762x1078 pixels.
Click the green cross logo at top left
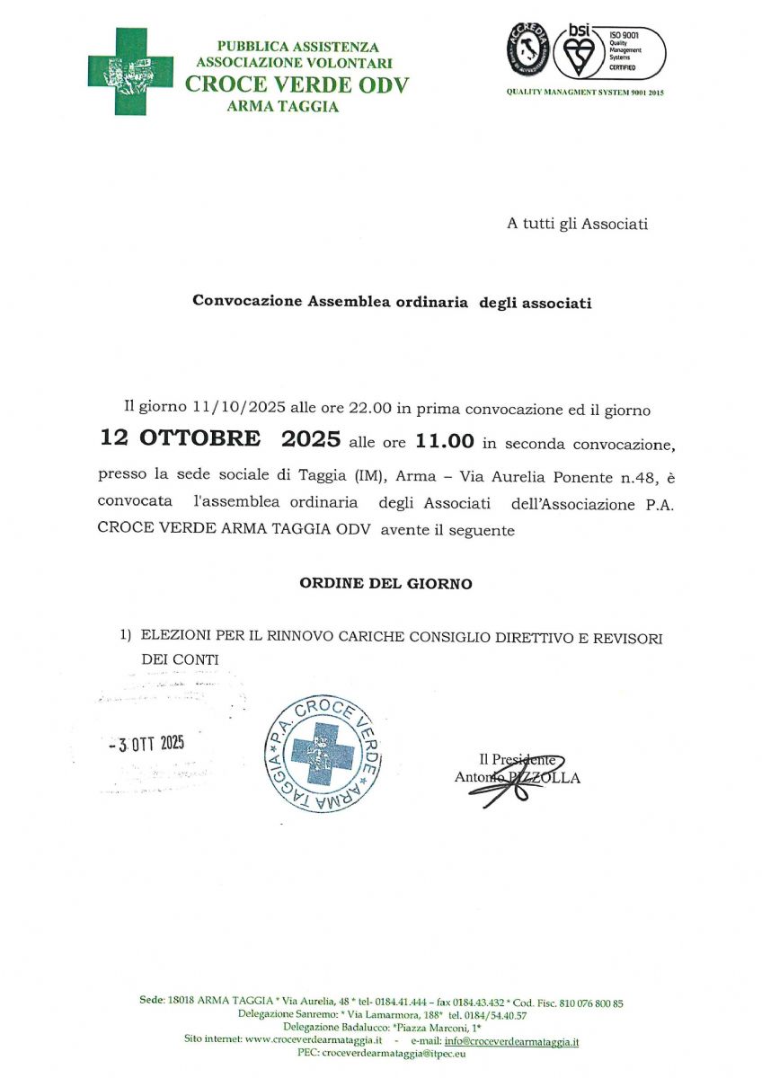click(130, 71)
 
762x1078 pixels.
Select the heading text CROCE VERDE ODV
click(297, 85)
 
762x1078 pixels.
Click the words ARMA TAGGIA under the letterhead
click(283, 107)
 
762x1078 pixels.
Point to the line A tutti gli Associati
click(578, 225)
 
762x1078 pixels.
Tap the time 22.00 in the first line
click(368, 409)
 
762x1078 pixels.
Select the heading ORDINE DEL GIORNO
click(385, 584)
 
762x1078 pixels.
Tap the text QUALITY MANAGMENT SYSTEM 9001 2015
click(585, 93)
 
